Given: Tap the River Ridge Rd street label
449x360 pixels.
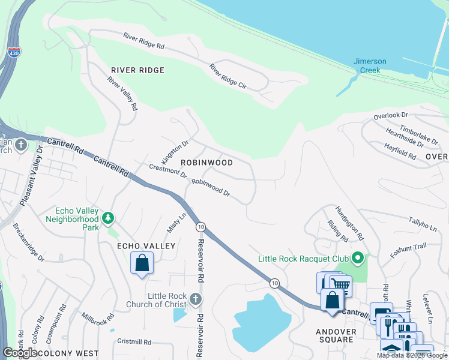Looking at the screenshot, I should coord(144,40).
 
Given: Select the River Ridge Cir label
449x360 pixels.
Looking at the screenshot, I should coord(228,77).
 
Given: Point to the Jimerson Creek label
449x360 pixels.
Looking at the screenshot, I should coord(370,65).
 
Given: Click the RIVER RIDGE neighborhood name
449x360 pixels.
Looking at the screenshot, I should coord(137,70).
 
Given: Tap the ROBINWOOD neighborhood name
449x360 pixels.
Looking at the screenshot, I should coord(206,163).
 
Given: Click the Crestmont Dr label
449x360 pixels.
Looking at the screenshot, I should coord(168,170).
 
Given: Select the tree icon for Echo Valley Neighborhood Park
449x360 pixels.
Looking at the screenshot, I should coord(108,218).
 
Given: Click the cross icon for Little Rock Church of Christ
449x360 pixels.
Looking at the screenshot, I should coord(195,299).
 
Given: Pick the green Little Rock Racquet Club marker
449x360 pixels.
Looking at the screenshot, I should coord(358,259).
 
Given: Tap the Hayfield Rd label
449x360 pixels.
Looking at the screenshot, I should coord(400,151).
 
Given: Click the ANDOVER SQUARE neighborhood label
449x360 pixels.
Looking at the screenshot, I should coord(335,335).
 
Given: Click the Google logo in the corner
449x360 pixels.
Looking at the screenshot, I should coord(20,353).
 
